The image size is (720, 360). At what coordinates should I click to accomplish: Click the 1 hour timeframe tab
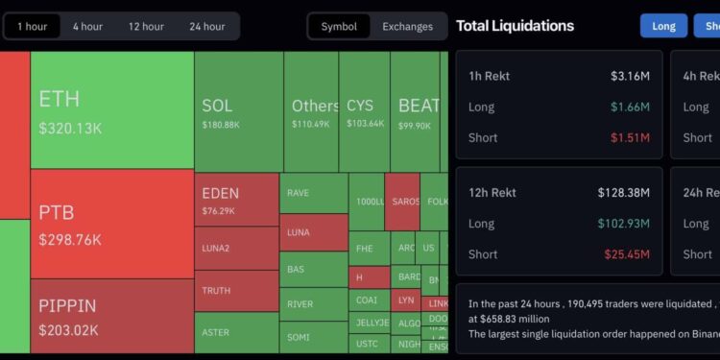[x=32, y=26]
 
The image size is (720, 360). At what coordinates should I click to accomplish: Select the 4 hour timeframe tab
[x=87, y=26]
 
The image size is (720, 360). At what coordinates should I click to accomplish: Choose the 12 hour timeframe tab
[x=146, y=26]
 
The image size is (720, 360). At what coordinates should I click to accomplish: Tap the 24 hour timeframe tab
[x=207, y=26]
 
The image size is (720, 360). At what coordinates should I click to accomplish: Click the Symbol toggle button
[x=339, y=26]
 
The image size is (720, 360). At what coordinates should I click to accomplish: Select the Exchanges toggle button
[x=407, y=26]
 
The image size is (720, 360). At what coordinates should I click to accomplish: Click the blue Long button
[x=663, y=26]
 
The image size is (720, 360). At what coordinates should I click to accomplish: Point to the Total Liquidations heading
[x=515, y=26]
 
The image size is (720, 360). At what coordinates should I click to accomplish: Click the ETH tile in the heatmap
[x=111, y=109]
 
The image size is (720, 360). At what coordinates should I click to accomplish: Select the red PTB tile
[x=111, y=223]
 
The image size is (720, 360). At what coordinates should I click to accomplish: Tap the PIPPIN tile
[x=111, y=316]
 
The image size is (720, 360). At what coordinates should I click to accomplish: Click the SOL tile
[x=238, y=111]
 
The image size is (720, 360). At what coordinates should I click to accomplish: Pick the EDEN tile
[x=236, y=200]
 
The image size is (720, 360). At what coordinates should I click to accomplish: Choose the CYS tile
[x=364, y=111]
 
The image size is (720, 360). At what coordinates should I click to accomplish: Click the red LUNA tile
[x=313, y=232]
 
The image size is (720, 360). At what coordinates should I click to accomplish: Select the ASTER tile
[x=236, y=332]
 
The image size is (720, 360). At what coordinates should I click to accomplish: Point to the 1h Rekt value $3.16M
[x=630, y=76]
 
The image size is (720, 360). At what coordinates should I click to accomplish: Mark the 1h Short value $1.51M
[x=630, y=137]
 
